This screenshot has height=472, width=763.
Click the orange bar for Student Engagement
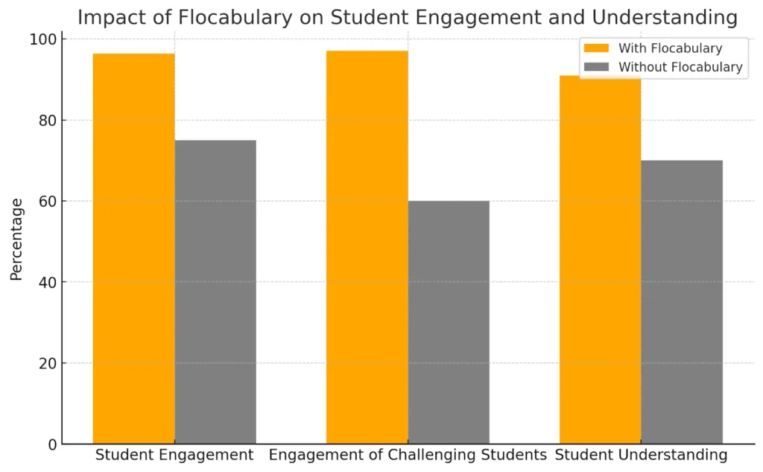(133, 249)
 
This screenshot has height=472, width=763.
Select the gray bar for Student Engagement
(215, 292)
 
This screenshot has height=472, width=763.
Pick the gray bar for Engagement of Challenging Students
(449, 322)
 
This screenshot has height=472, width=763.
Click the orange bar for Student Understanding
(600, 260)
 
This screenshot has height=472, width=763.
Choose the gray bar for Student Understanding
(682, 302)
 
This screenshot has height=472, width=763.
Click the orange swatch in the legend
(596, 48)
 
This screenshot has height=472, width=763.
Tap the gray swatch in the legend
(596, 67)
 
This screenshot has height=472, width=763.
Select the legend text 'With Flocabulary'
(670, 48)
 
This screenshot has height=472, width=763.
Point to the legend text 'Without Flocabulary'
(680, 67)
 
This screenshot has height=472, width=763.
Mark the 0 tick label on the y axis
(52, 444)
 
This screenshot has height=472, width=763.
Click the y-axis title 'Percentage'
(16, 238)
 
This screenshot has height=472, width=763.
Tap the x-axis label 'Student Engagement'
(174, 455)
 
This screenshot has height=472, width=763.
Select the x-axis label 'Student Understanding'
(641, 455)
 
